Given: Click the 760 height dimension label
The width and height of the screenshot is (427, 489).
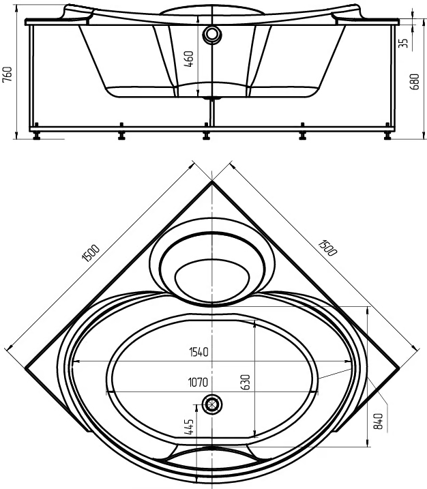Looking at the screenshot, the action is pos(8,74).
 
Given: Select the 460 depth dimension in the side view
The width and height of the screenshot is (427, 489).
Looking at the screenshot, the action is pos(189,59).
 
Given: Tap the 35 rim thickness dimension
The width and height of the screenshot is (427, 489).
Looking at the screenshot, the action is pos(403,43).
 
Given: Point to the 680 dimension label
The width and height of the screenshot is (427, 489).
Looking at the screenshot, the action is pos(414,82).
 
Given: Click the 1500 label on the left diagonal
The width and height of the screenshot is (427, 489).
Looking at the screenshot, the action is pos(91,252).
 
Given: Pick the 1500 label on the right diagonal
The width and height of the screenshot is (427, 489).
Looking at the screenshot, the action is pos(327,248).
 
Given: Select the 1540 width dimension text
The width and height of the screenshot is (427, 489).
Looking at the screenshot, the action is pos(198,352).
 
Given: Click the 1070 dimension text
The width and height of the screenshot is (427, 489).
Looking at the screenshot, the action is pos(198,382).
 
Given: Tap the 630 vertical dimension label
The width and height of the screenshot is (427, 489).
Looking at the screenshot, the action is pos(246,382).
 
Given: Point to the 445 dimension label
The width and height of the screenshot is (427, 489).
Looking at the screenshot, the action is pos(189,427).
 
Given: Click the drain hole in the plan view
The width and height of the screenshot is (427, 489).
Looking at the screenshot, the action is pos(212,404).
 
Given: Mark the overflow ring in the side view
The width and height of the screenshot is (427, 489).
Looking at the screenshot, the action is pos(212,33).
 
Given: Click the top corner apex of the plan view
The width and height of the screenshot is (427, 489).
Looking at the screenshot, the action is pos(212,181).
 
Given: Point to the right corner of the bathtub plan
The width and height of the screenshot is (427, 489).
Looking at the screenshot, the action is pos(399,368).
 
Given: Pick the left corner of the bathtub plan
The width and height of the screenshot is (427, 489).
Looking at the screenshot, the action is pos(25,368).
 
